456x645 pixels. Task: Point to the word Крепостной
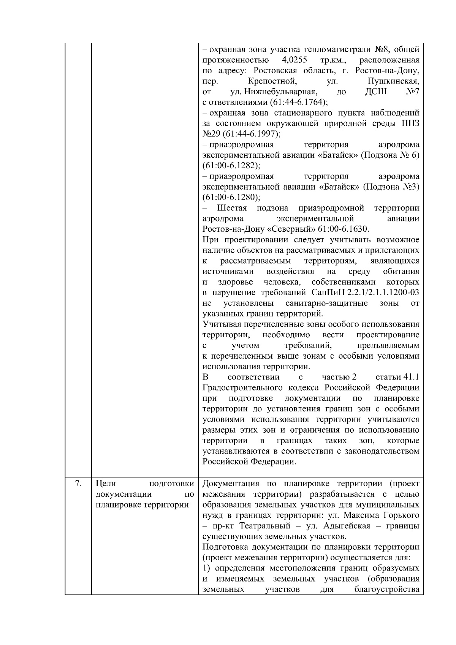[x=271, y=81]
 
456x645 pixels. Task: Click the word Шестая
[x=232, y=208]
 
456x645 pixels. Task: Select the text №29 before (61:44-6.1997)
[x=211, y=134]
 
